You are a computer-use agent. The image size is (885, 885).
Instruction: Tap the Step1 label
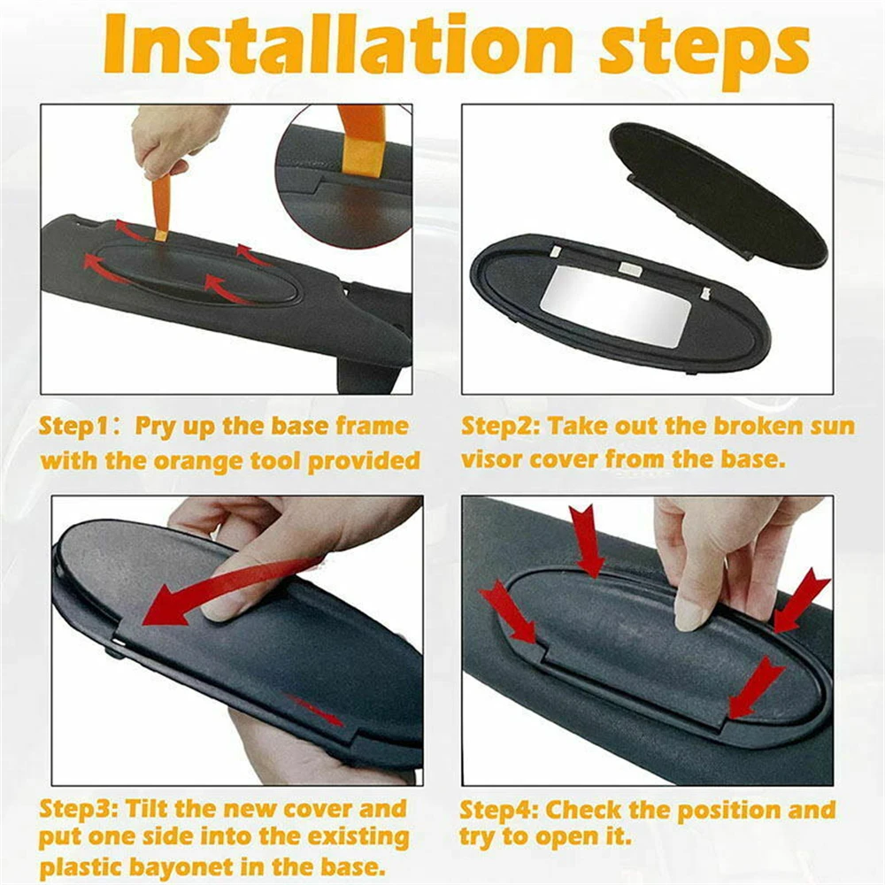coord(74,426)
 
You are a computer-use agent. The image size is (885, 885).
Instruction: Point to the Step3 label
coord(76,809)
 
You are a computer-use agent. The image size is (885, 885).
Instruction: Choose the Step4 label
coord(498,810)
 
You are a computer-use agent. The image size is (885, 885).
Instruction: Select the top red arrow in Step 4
coord(584,540)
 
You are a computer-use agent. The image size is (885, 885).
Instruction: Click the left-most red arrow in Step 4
coord(509,611)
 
